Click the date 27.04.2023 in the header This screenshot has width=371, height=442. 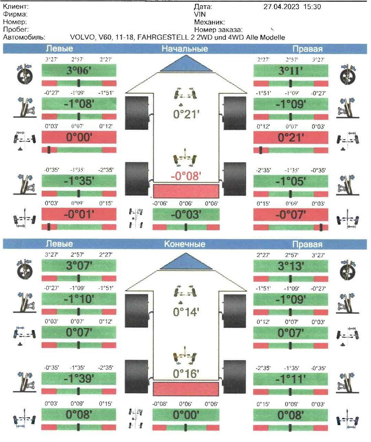[281, 7]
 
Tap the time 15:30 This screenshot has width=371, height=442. [312, 7]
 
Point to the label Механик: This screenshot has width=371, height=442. [209, 22]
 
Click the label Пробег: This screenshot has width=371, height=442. [16, 30]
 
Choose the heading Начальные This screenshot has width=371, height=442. [185, 49]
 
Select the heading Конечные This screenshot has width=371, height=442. [185, 244]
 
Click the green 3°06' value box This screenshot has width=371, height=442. [79, 71]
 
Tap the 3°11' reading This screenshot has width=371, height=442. [291, 71]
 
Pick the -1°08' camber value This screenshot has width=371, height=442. [79, 104]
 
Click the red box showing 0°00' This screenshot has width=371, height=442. [79, 137]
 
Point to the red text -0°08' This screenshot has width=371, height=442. [186, 176]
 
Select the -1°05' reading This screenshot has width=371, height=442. [291, 181]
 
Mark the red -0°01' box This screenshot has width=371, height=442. [79, 214]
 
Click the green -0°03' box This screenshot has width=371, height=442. [186, 215]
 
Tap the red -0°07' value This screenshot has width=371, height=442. [291, 215]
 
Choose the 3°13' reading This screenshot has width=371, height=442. [291, 266]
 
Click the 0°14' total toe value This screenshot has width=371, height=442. [186, 312]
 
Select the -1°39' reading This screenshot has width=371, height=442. [79, 379]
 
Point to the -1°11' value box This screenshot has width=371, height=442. [291, 379]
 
